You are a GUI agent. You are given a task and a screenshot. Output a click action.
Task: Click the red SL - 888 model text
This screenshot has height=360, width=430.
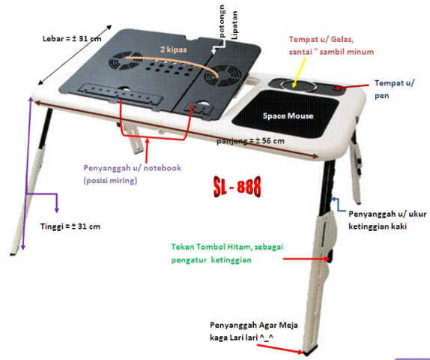pos(237,187)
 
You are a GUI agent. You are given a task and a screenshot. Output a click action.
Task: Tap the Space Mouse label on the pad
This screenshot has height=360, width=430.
pos(288,116)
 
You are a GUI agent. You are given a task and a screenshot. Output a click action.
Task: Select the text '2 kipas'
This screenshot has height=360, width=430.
pos(174,49)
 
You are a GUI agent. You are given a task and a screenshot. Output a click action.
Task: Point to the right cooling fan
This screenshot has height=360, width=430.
pos(222,76)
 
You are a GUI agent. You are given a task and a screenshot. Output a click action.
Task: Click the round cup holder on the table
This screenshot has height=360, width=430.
pos(298,85)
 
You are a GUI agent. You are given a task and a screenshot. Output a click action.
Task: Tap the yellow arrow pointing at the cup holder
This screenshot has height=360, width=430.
pos(300,72)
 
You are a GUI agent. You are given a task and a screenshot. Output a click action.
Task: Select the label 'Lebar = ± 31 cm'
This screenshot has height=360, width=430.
pos(72,39)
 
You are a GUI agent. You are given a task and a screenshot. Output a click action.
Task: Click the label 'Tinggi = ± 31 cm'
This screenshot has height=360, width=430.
pos(70,226)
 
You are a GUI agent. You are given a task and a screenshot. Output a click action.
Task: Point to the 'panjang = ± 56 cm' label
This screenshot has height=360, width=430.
pos(250,141)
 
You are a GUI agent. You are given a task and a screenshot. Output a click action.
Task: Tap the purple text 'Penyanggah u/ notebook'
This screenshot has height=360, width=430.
pos(132,168)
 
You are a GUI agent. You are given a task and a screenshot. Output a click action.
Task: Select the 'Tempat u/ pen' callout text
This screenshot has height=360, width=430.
pos(394,89)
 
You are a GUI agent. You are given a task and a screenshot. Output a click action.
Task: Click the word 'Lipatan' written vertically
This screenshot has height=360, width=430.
pos(234,25)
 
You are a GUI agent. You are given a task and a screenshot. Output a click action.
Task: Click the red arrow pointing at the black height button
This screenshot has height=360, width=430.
pos(306,259)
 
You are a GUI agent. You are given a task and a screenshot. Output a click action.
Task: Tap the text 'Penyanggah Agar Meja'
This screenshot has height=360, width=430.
pos(254,325)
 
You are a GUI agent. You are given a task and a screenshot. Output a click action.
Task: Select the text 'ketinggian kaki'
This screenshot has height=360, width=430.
pos(378,226)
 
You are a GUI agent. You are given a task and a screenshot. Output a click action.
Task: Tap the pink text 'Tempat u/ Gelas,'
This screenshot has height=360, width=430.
pos(321,39)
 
